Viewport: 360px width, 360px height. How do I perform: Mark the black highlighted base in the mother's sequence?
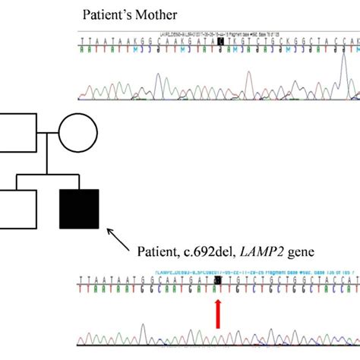[x=221, y=41]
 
